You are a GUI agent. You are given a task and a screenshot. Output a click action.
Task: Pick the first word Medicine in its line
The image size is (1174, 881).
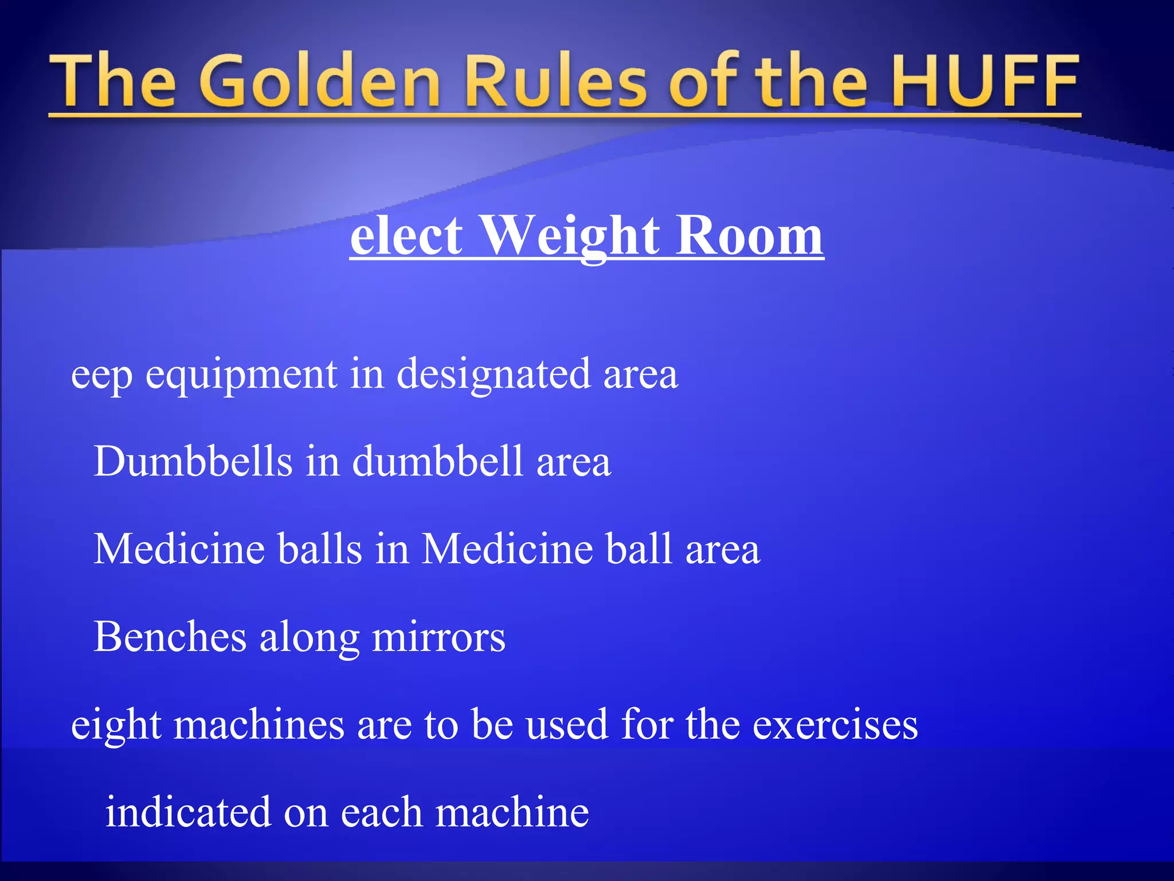click(x=179, y=549)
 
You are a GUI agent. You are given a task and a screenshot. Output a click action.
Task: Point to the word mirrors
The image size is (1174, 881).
click(x=439, y=637)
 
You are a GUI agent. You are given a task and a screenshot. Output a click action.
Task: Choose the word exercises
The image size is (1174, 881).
click(x=835, y=724)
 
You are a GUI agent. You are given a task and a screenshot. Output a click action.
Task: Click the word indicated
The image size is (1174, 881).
click(x=188, y=812)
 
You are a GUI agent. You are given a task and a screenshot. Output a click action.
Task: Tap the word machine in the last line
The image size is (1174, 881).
click(x=512, y=812)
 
